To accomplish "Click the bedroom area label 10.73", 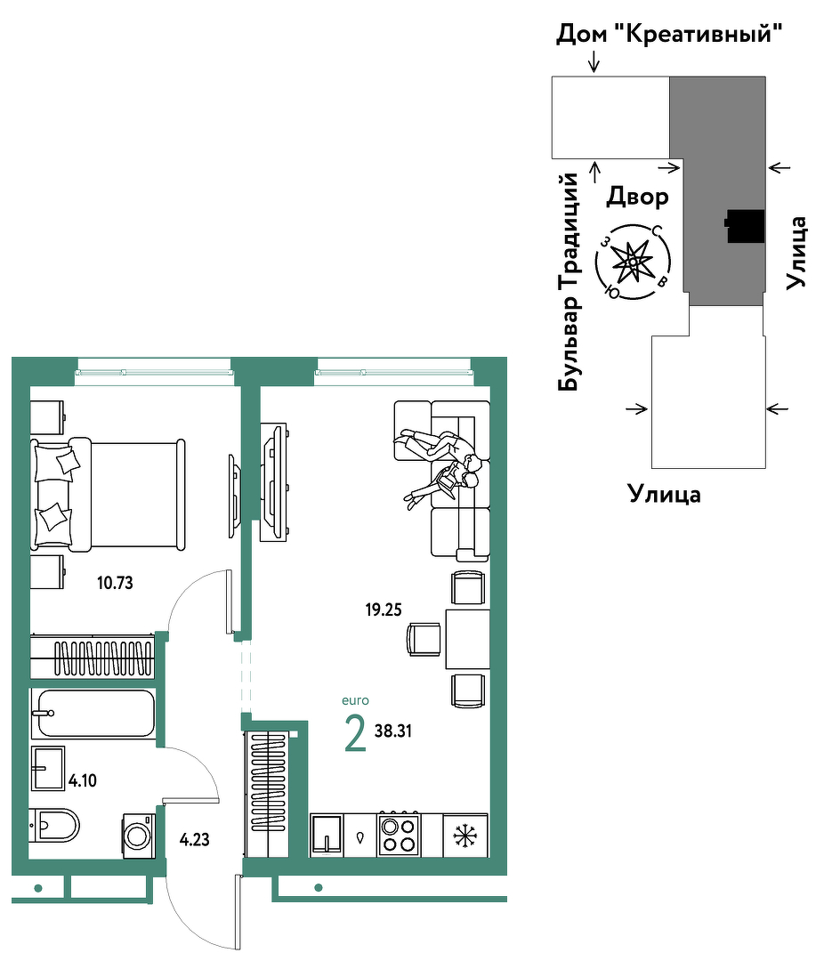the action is pos(115,583).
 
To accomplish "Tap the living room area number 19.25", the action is pos(384,610).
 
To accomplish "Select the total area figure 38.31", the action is pos(393,731).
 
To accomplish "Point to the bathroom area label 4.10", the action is pos(83,781).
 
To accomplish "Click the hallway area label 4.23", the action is pos(194,840).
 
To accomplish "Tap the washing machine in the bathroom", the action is pos(139,836).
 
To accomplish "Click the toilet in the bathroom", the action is pos(54,825).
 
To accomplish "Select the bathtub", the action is pos(93,714).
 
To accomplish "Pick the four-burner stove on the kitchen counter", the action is pos(398,834).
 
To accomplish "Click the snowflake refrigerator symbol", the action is pos(465,836).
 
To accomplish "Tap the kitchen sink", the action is pos(327,834).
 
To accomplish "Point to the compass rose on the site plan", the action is pos(633,262).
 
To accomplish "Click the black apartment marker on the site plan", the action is pos(745,226).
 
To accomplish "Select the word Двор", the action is pos(638,197).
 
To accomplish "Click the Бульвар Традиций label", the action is pos(569,282).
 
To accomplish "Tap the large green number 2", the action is pos(356,733).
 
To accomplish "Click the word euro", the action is pos(356,700).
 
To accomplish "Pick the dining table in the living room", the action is pos(467,639).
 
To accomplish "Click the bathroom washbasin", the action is pos(48,768).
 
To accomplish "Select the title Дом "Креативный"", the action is pos(669,34).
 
